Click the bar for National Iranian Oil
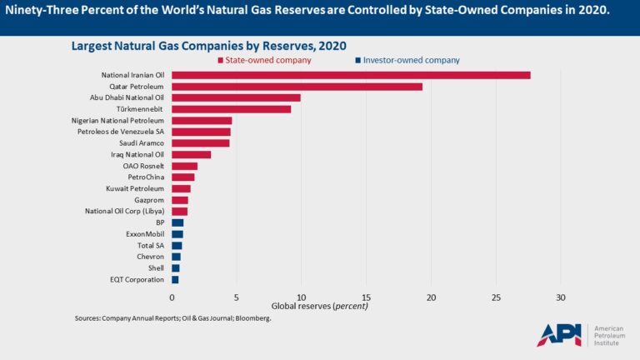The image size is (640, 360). point(351,75)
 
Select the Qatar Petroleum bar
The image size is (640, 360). point(297,87)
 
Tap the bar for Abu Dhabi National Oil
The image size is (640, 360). point(236,97)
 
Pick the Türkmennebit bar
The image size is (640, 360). point(231,109)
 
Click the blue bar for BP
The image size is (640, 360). point(177,222)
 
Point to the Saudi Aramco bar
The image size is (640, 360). point(200,142)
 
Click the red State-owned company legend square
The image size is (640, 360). point(221,60)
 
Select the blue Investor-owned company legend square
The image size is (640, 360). point(357,60)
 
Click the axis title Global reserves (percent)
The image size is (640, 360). point(320,307)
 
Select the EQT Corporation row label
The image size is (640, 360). point(137,280)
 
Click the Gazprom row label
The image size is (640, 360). point(149,200)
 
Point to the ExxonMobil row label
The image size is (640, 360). point(143,234)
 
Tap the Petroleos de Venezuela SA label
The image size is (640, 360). point(121,132)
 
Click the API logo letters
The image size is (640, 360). point(558,334)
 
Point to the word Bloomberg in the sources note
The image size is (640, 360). point(252,318)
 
